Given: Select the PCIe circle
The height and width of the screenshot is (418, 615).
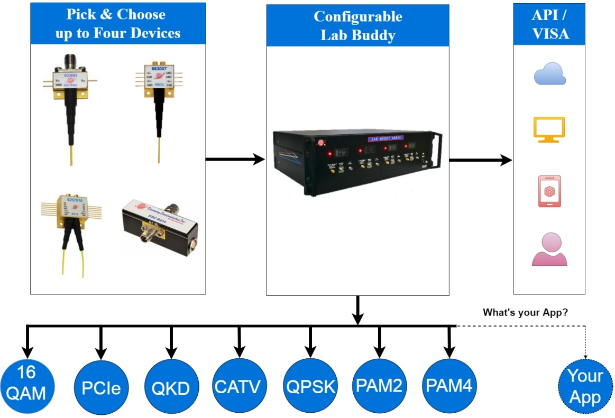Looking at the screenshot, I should pyautogui.click(x=101, y=387).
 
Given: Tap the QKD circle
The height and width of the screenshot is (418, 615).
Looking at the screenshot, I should pyautogui.click(x=171, y=387).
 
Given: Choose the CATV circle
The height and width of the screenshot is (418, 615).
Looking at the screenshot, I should pyautogui.click(x=238, y=387).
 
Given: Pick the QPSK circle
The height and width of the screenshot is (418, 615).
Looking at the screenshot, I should pyautogui.click(x=310, y=387).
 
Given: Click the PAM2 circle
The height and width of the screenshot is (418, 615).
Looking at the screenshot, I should pyautogui.click(x=379, y=387).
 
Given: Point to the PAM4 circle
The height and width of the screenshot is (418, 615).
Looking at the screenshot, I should pyautogui.click(x=449, y=387).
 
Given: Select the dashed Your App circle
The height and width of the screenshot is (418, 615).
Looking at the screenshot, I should pyautogui.click(x=585, y=387).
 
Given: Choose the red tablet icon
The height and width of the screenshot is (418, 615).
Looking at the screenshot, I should pyautogui.click(x=549, y=191).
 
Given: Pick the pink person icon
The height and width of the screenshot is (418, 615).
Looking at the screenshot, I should pyautogui.click(x=549, y=250).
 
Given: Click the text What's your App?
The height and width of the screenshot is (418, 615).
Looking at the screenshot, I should pyautogui.click(x=525, y=312).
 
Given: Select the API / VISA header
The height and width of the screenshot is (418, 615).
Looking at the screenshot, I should pyautogui.click(x=549, y=25).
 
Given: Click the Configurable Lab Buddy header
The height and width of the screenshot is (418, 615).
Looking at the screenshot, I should pyautogui.click(x=357, y=26).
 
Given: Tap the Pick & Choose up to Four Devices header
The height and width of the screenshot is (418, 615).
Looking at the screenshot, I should pyautogui.click(x=118, y=24).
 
